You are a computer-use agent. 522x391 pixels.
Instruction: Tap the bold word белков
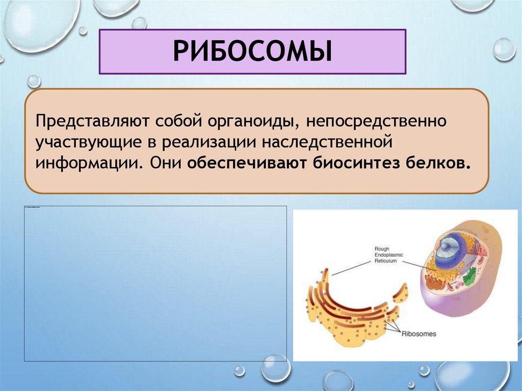437,164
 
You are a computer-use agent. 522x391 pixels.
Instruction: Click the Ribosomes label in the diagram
419,334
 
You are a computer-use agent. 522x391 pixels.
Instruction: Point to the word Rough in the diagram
382,248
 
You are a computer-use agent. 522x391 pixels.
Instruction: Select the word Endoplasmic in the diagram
388,254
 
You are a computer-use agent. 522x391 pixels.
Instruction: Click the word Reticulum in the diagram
385,260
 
